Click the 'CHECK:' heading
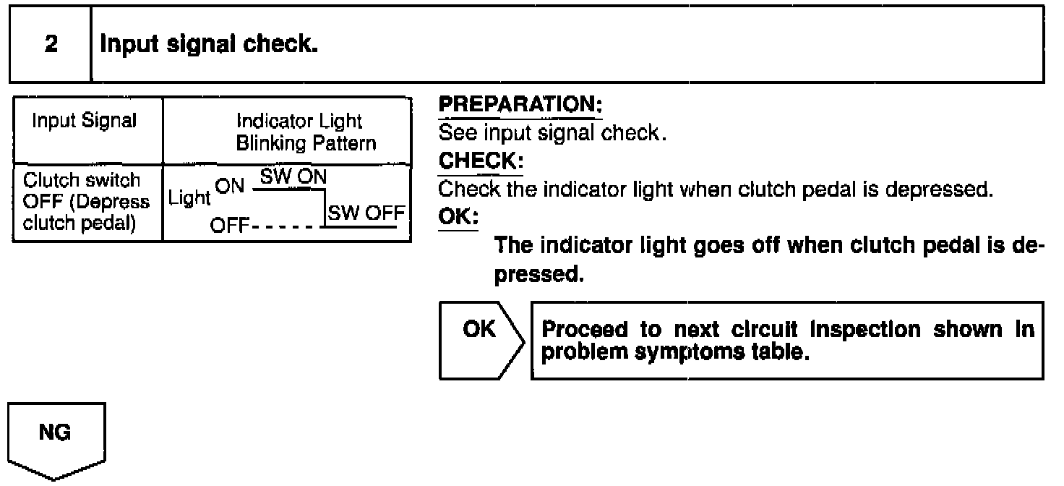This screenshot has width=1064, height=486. pos(481,158)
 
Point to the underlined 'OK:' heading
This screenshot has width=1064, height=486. pos(458,216)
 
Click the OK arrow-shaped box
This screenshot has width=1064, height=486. pos(480,340)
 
